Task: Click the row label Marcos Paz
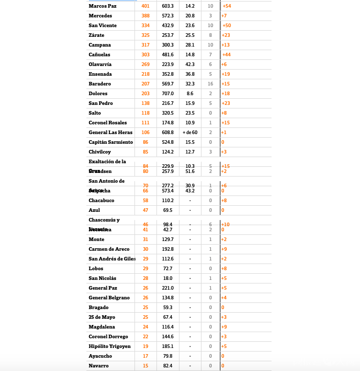click(x=102, y=6)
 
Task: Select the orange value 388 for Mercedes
click(x=146, y=16)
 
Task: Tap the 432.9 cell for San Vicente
click(x=168, y=26)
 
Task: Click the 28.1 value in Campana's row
click(x=190, y=45)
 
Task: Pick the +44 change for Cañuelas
click(x=226, y=55)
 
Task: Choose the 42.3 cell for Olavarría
click(x=190, y=64)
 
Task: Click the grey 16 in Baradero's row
click(x=210, y=84)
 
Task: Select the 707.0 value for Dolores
click(x=168, y=94)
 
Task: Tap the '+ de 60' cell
click(x=190, y=133)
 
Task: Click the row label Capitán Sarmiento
click(x=110, y=142)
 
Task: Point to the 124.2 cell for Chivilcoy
click(x=168, y=152)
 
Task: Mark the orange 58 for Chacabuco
click(x=146, y=201)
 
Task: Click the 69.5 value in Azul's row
click(x=168, y=210)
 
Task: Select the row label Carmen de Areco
click(x=109, y=249)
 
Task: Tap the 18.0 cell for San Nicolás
click(x=168, y=278)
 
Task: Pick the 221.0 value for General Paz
click(x=168, y=288)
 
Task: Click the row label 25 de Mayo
click(x=102, y=317)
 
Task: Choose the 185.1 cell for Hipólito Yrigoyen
click(x=168, y=346)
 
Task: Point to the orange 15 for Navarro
click(x=146, y=366)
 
